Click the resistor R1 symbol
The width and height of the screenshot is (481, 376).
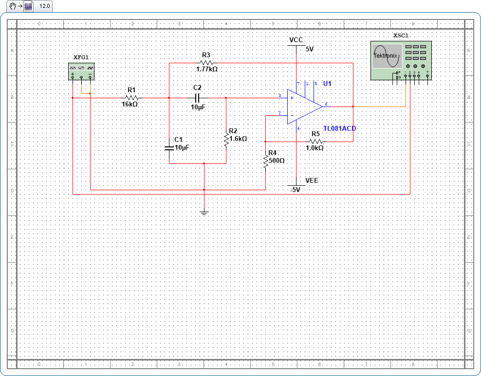click(131, 97)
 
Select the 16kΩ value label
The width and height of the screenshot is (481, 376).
click(130, 104)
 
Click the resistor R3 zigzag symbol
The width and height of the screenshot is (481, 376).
click(206, 63)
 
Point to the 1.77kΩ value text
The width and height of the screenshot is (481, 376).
click(206, 70)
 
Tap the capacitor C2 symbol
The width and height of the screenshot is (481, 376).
click(197, 97)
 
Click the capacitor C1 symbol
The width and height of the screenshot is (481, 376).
click(169, 147)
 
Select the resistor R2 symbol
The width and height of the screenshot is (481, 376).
click(226, 139)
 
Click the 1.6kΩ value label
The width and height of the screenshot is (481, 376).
click(238, 139)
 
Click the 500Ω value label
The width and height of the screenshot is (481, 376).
click(277, 160)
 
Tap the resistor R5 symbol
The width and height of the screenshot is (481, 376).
click(315, 141)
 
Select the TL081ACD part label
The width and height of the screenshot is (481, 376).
click(340, 128)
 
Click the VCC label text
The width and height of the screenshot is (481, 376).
click(296, 40)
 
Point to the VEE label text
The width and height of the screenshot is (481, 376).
click(312, 180)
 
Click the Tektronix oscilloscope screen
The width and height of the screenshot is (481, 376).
click(387, 56)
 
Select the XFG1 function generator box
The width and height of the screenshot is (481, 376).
click(81, 72)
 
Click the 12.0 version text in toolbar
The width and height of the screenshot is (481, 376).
click(45, 6)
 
